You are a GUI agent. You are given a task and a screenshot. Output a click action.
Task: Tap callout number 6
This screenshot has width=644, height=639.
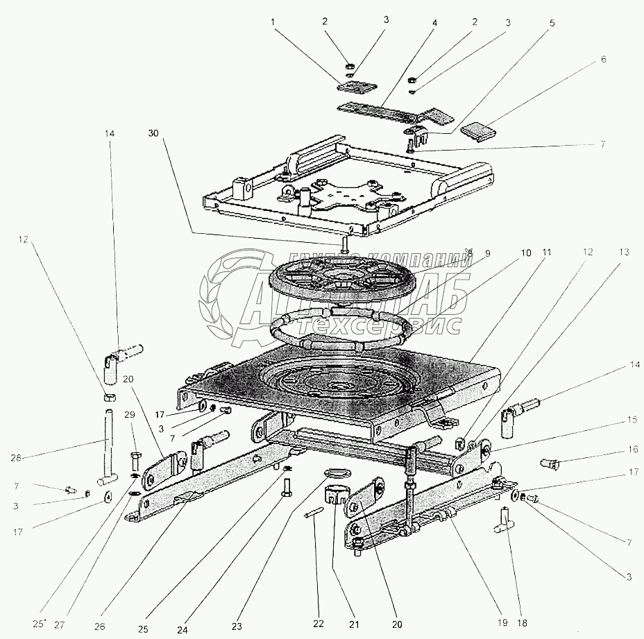click(x=604, y=59)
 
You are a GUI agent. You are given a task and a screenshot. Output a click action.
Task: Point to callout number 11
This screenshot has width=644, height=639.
click(x=547, y=253)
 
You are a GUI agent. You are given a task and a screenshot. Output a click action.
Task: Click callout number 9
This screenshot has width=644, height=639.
click(x=486, y=254)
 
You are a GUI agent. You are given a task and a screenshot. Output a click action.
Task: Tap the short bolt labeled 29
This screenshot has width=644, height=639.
click(x=135, y=461)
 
